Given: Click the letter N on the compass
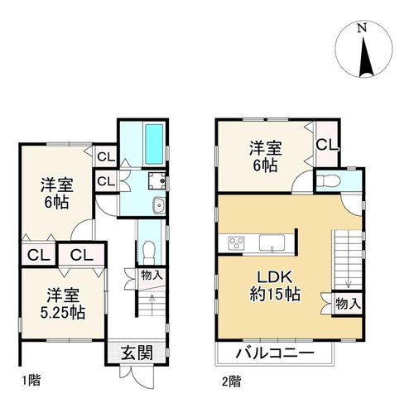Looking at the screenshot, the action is tap(362, 27).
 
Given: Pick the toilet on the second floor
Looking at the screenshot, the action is tap(329, 181).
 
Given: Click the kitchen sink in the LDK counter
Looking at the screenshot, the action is tap(272, 242).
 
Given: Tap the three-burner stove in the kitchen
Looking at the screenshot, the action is tap(237, 243).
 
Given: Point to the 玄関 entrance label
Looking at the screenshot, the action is tap(137, 353).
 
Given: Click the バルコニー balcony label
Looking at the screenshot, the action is tap(275, 353).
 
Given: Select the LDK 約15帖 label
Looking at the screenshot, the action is tap(275, 286).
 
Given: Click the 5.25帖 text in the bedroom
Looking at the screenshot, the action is tap(63, 312).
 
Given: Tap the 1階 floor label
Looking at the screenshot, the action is tap(31, 381).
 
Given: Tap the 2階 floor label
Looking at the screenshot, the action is tap(231, 382).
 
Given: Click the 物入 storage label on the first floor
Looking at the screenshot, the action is tap(152, 275).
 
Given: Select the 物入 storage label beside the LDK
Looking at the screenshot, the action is tap(348, 304).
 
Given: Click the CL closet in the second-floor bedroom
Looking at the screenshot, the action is tap(327, 145).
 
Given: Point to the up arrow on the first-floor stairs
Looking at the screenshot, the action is tap(152, 305).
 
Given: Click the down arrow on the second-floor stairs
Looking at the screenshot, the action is tap(349, 275).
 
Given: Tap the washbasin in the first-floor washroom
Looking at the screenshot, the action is tap(159, 205).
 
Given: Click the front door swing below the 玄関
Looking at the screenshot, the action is tap(137, 376).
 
